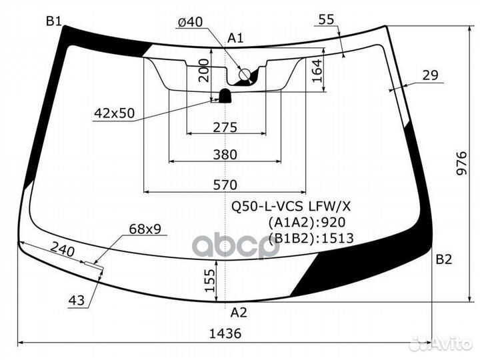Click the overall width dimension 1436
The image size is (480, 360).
(225, 333)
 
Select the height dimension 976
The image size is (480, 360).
(461, 163)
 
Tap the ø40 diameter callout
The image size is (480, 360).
(190, 22)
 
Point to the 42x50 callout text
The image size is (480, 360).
(114, 113)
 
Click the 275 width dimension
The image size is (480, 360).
(225, 127)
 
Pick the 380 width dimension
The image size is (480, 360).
(225, 155)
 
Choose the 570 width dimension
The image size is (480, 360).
(225, 185)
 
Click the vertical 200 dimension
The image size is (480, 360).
(204, 71)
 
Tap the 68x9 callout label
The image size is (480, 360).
(145, 229)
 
